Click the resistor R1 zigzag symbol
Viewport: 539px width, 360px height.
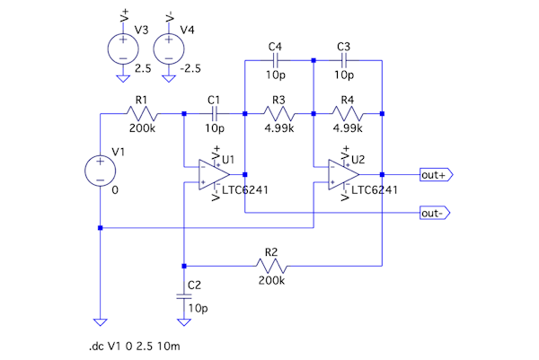click(x=143, y=114)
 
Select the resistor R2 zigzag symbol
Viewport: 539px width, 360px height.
click(x=271, y=266)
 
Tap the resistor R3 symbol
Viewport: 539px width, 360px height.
click(x=278, y=114)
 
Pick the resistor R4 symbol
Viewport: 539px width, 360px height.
click(x=347, y=114)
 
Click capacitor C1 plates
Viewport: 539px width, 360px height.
click(x=214, y=114)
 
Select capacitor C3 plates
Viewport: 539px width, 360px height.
click(x=342, y=60)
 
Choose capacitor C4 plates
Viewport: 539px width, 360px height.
click(x=275, y=60)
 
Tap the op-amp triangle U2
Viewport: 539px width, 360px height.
click(x=344, y=174)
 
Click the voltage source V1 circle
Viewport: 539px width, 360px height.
click(x=100, y=171)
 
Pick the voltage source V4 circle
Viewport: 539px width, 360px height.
click(x=168, y=45)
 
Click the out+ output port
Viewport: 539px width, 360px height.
click(x=436, y=174)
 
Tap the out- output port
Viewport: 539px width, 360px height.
click(x=436, y=213)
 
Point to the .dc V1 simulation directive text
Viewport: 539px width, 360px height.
click(x=134, y=345)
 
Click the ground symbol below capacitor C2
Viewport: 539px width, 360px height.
click(x=183, y=320)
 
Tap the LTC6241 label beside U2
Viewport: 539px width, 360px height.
click(x=374, y=189)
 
